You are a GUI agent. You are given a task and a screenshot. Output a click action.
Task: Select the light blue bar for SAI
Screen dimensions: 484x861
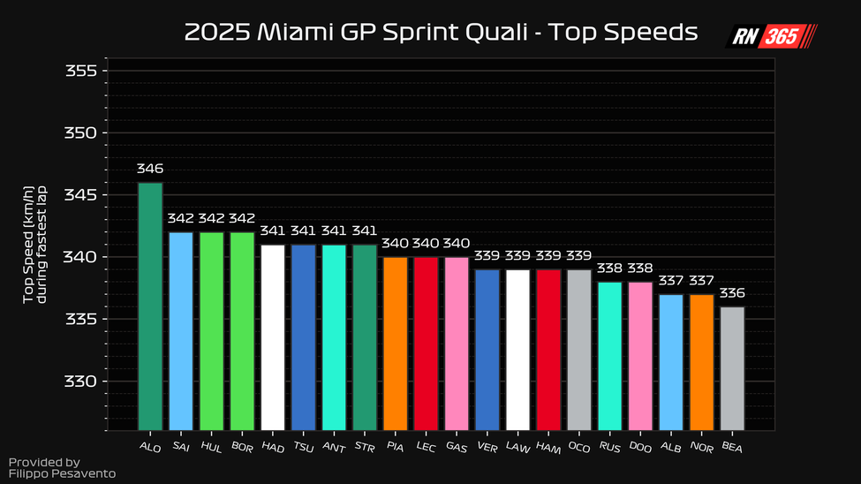coord(181,331)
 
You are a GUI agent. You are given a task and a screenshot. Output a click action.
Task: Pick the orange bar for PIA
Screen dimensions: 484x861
coord(395,344)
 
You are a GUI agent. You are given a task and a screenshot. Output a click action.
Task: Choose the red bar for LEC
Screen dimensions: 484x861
coord(426,344)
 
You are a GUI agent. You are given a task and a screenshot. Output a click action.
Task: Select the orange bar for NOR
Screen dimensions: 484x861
coord(701,362)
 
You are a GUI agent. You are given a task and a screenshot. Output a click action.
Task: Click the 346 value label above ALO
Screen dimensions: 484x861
coord(150,168)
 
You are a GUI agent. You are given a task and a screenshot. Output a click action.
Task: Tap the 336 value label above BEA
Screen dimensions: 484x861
coord(732,292)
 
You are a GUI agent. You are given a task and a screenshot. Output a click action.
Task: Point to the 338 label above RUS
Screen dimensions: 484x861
coord(609,268)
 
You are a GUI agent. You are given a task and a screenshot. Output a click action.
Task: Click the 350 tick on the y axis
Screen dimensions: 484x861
coord(80,133)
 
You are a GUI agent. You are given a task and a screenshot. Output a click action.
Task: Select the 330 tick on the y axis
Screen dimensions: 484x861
coord(80,382)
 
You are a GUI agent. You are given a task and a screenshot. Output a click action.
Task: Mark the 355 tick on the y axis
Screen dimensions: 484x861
coord(80,72)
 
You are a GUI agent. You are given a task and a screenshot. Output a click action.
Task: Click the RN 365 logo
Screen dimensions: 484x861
coord(771,36)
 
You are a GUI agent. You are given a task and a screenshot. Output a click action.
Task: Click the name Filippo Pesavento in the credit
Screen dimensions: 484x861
coord(62,474)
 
